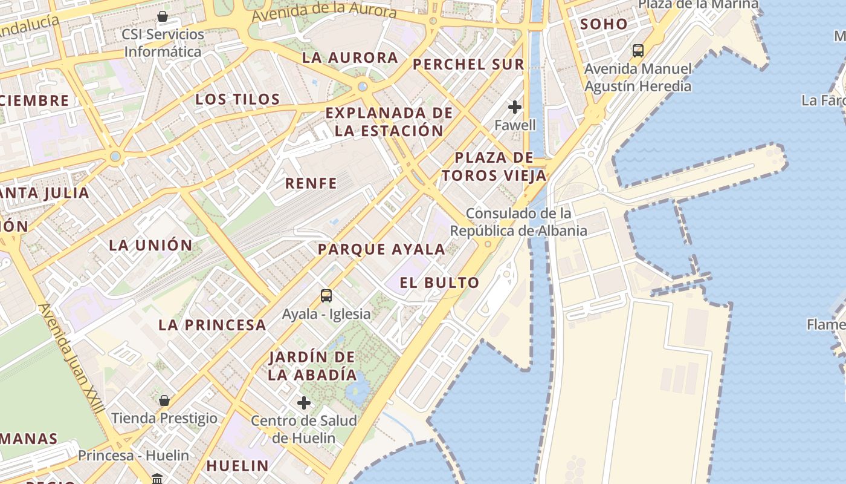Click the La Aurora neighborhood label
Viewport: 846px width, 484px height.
(350, 58)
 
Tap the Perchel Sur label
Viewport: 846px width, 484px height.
(468, 64)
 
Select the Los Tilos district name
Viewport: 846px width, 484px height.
(237, 99)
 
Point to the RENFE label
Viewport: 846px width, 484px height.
(311, 183)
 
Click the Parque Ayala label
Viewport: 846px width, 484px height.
(381, 249)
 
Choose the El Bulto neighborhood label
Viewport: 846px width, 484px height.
(448, 283)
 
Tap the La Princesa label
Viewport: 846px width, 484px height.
(212, 325)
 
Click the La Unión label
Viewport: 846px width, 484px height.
(150, 245)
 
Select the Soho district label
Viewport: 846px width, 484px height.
(604, 24)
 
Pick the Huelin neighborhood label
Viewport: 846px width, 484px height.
(237, 465)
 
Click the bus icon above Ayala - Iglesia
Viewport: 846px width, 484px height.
(326, 296)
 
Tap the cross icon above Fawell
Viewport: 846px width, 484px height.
(515, 108)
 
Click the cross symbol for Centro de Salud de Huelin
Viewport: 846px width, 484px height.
(304, 403)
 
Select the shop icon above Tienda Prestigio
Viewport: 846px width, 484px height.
(164, 401)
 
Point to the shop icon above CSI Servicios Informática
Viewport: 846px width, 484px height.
(163, 16)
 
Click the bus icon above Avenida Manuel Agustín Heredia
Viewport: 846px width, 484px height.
(638, 51)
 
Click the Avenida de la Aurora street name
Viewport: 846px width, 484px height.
(324, 11)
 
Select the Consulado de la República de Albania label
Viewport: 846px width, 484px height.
(518, 222)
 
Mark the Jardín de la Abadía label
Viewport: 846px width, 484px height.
(312, 365)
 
